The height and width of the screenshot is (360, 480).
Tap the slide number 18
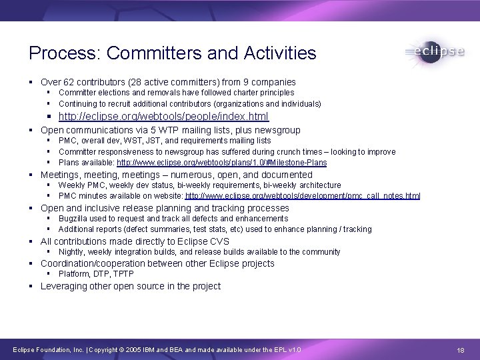tap(461, 350)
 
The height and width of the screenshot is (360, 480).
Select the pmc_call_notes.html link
tap(303, 196)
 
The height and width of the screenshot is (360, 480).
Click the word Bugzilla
tap(74, 219)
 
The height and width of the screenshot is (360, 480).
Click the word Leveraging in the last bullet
tap(65, 286)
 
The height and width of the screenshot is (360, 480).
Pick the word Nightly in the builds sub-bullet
tap(71, 252)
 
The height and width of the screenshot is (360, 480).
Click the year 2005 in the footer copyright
tap(133, 350)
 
